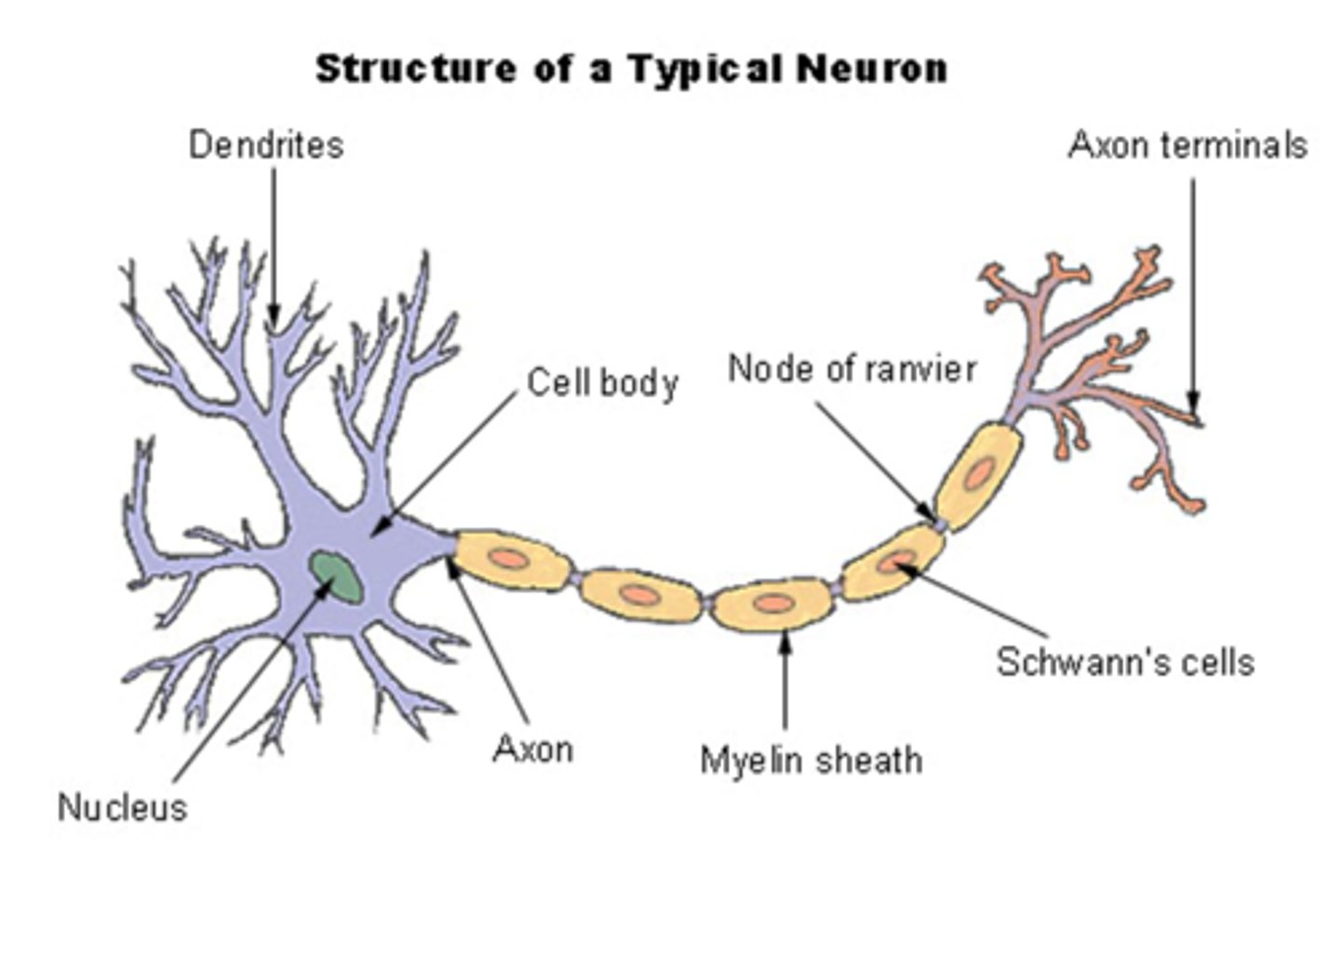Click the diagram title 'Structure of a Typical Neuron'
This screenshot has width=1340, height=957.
click(x=631, y=69)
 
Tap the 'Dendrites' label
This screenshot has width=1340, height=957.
click(x=266, y=145)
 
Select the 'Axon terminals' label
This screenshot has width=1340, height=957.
click(x=1187, y=145)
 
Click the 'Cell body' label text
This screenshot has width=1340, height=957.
click(x=602, y=383)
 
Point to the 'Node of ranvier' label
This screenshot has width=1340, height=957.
click(x=851, y=369)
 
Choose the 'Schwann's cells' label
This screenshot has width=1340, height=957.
click(x=1125, y=662)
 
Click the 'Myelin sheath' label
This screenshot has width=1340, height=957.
click(x=811, y=760)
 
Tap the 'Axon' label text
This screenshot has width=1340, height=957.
click(x=532, y=748)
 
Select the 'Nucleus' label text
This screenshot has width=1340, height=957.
click(x=122, y=807)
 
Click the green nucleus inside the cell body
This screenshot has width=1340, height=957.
click(x=336, y=577)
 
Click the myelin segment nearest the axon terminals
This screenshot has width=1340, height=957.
click(x=978, y=475)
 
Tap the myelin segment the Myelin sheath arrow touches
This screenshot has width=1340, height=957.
click(x=772, y=604)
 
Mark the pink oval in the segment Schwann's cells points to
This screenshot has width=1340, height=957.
click(x=899, y=561)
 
